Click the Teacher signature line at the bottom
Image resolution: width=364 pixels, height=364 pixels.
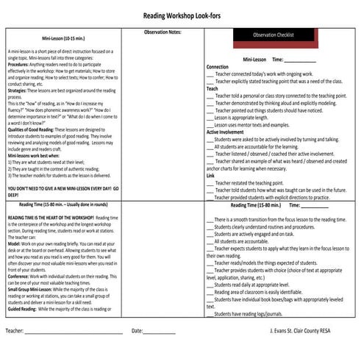74,332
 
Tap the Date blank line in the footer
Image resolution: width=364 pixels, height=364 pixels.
160,332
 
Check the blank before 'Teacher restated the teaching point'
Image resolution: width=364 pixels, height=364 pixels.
210,183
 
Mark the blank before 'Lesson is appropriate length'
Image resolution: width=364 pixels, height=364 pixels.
210,118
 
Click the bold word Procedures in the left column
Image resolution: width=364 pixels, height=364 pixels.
19,65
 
